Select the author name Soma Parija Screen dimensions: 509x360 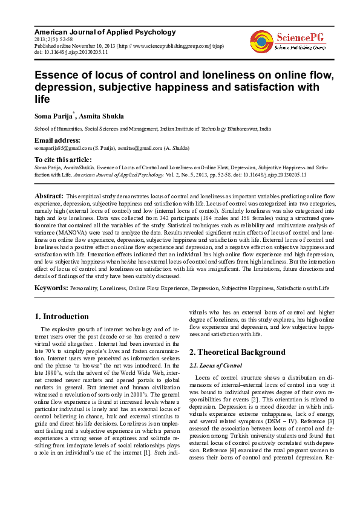53,116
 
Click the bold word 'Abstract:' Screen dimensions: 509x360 49,196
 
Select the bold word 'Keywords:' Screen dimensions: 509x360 51,289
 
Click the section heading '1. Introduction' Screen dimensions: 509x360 62,316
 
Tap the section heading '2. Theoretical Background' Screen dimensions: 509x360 237,352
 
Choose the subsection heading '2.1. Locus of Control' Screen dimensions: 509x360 216,366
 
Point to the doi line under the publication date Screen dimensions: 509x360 71,52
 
